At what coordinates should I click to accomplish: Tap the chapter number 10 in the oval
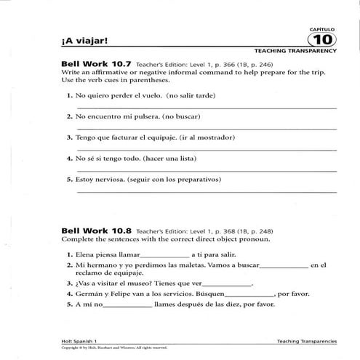pyautogui.click(x=325, y=39)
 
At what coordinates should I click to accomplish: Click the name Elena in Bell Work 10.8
pyautogui.click(x=85, y=255)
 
